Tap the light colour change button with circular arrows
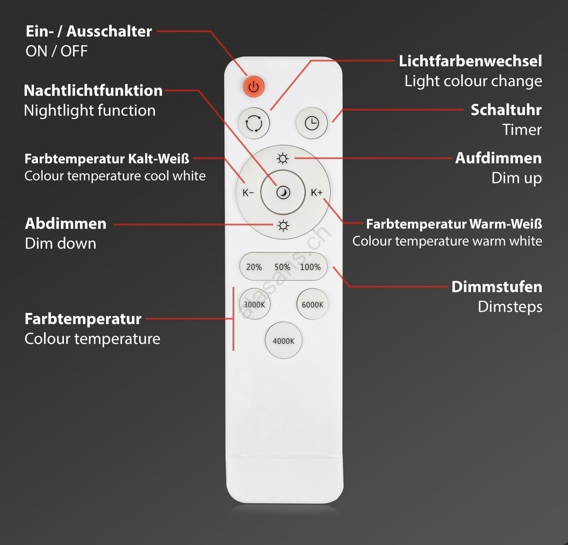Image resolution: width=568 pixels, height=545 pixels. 254,123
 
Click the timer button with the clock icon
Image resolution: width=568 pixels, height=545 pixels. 312,123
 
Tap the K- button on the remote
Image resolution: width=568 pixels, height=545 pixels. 248,193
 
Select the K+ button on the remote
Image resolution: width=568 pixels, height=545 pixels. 317,193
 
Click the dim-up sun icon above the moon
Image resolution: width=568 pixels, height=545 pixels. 283,159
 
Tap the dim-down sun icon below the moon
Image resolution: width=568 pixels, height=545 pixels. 283,226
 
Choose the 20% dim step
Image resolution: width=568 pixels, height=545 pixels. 254,267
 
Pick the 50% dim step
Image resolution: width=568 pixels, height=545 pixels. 282,267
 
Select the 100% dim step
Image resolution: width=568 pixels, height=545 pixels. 310,267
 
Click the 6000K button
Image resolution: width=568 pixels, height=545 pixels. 312,304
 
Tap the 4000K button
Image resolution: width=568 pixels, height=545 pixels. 284,340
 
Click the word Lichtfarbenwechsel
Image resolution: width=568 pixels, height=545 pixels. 470,61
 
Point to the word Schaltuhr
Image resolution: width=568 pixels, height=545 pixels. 506,110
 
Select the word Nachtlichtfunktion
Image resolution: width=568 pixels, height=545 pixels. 93,91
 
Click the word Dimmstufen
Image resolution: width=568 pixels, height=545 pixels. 497,287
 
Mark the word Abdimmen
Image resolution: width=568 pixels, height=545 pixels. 66,224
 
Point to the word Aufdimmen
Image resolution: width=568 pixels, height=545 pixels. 498,158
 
